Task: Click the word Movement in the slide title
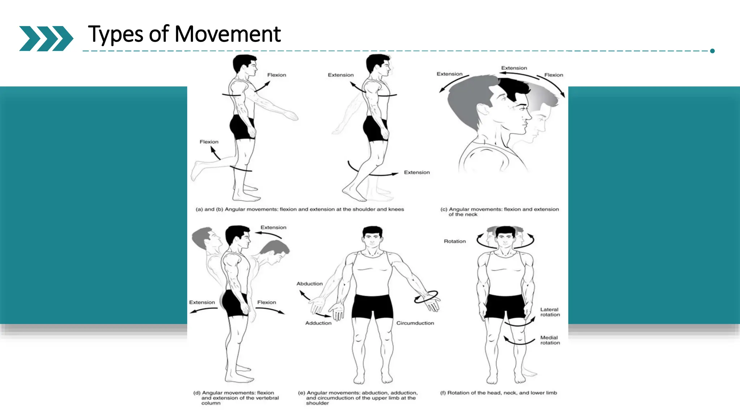[227, 34]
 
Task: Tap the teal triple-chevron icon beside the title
[46, 38]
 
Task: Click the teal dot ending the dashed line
[712, 51]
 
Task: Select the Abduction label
[309, 284]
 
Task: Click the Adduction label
[318, 323]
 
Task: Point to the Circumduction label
[415, 323]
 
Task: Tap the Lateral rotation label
[550, 312]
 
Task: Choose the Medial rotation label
[550, 340]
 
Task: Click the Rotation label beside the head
[455, 241]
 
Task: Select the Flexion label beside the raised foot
[209, 142]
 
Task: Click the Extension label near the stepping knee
[417, 173]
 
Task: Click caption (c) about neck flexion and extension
[499, 212]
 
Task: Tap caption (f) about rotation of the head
[498, 393]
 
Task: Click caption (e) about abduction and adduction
[357, 398]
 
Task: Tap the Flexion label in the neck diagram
[553, 75]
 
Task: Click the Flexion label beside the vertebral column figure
[266, 302]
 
